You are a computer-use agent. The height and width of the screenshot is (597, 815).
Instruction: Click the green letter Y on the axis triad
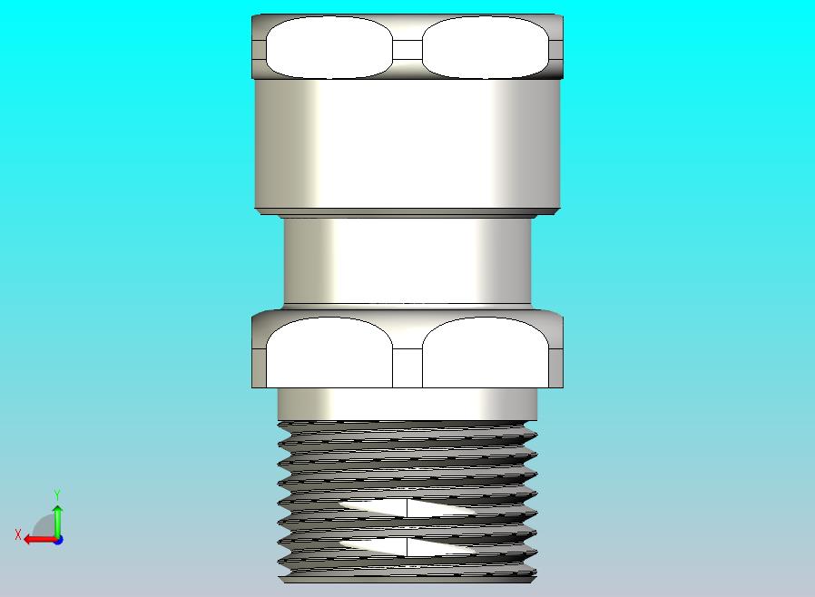pyautogui.click(x=57, y=494)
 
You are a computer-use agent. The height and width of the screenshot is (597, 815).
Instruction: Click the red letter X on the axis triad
pyautogui.click(x=18, y=534)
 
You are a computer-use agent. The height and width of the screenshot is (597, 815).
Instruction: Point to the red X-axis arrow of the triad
pyautogui.click(x=41, y=540)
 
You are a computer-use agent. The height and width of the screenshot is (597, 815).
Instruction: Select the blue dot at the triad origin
pyautogui.click(x=59, y=541)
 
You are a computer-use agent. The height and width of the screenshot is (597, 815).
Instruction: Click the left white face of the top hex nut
pyautogui.click(x=329, y=47)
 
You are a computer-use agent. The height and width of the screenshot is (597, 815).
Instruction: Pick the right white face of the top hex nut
pyautogui.click(x=485, y=47)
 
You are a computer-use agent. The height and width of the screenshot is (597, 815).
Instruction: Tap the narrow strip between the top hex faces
pyautogui.click(x=407, y=50)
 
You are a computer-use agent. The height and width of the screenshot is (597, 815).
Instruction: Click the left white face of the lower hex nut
pyautogui.click(x=329, y=352)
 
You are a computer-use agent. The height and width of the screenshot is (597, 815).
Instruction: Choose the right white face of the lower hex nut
pyautogui.click(x=486, y=352)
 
